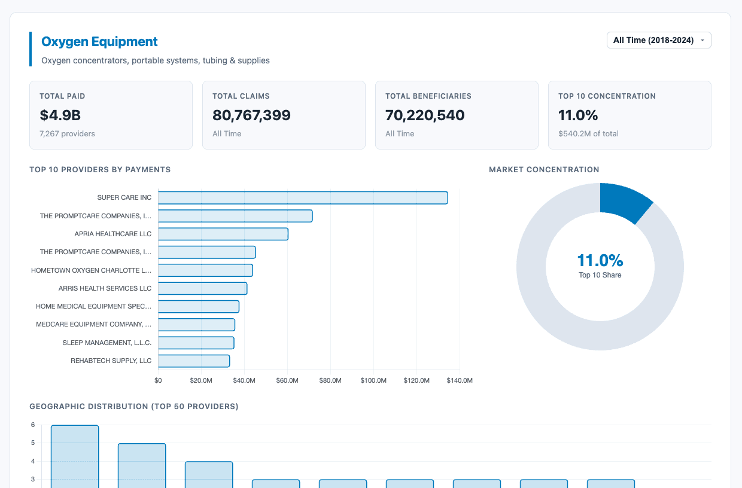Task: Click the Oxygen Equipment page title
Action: (x=99, y=42)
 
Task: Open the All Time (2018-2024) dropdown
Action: (x=658, y=40)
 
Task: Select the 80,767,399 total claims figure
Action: (x=251, y=115)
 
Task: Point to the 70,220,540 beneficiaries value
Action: (x=425, y=115)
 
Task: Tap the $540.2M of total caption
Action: (x=588, y=134)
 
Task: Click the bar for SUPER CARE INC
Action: (x=303, y=198)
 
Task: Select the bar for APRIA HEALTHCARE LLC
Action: (x=223, y=234)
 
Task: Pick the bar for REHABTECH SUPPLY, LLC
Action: (x=194, y=361)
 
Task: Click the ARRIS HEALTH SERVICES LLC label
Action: (x=105, y=288)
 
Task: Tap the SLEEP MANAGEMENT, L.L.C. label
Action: (x=107, y=343)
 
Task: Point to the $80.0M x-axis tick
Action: (x=330, y=380)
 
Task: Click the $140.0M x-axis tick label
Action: (x=460, y=380)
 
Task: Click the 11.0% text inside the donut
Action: (x=600, y=260)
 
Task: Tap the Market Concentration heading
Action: (x=544, y=170)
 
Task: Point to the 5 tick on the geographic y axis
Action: (x=33, y=443)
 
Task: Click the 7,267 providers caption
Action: (x=67, y=134)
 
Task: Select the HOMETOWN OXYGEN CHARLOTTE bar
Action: (x=205, y=270)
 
